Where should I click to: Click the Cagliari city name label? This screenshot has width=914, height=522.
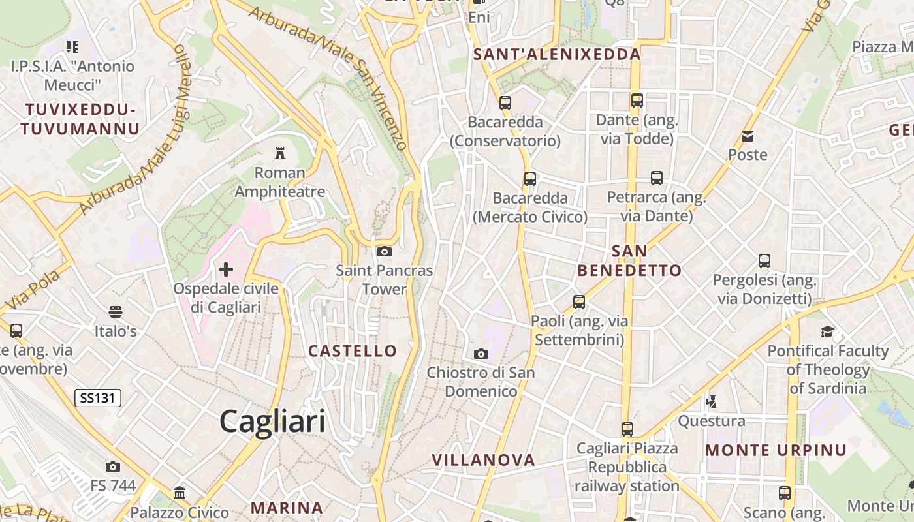pos(272,421)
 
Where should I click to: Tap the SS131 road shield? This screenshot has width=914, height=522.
pos(98,397)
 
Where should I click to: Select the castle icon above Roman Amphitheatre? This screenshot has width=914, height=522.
pos(280,153)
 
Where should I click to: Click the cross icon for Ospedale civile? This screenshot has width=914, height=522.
pos(226,269)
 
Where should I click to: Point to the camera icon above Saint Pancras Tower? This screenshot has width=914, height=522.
pos(385,251)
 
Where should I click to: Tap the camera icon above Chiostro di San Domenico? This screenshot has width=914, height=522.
pos(481,354)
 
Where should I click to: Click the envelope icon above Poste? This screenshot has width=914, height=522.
pos(748,136)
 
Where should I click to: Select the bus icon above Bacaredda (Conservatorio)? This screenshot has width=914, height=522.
pos(505,102)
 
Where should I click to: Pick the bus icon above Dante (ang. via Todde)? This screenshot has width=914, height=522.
pos(637,100)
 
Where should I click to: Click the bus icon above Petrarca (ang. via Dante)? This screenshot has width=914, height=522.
pos(657,177)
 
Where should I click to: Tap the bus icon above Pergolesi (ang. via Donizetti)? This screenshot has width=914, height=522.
pos(764,261)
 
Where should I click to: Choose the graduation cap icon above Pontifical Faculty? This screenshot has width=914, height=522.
pos(827,331)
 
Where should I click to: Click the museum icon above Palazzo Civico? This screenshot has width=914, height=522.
pos(180,493)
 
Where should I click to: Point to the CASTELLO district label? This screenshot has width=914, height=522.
pos(353,351)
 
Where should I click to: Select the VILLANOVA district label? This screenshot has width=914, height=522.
pos(483,460)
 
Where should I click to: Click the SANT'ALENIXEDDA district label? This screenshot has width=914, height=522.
pos(557,54)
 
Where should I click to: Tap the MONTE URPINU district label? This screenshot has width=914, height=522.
pos(776,450)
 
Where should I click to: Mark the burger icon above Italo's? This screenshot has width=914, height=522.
pos(116,312)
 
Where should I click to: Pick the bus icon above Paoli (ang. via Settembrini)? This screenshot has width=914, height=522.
pos(579,301)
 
